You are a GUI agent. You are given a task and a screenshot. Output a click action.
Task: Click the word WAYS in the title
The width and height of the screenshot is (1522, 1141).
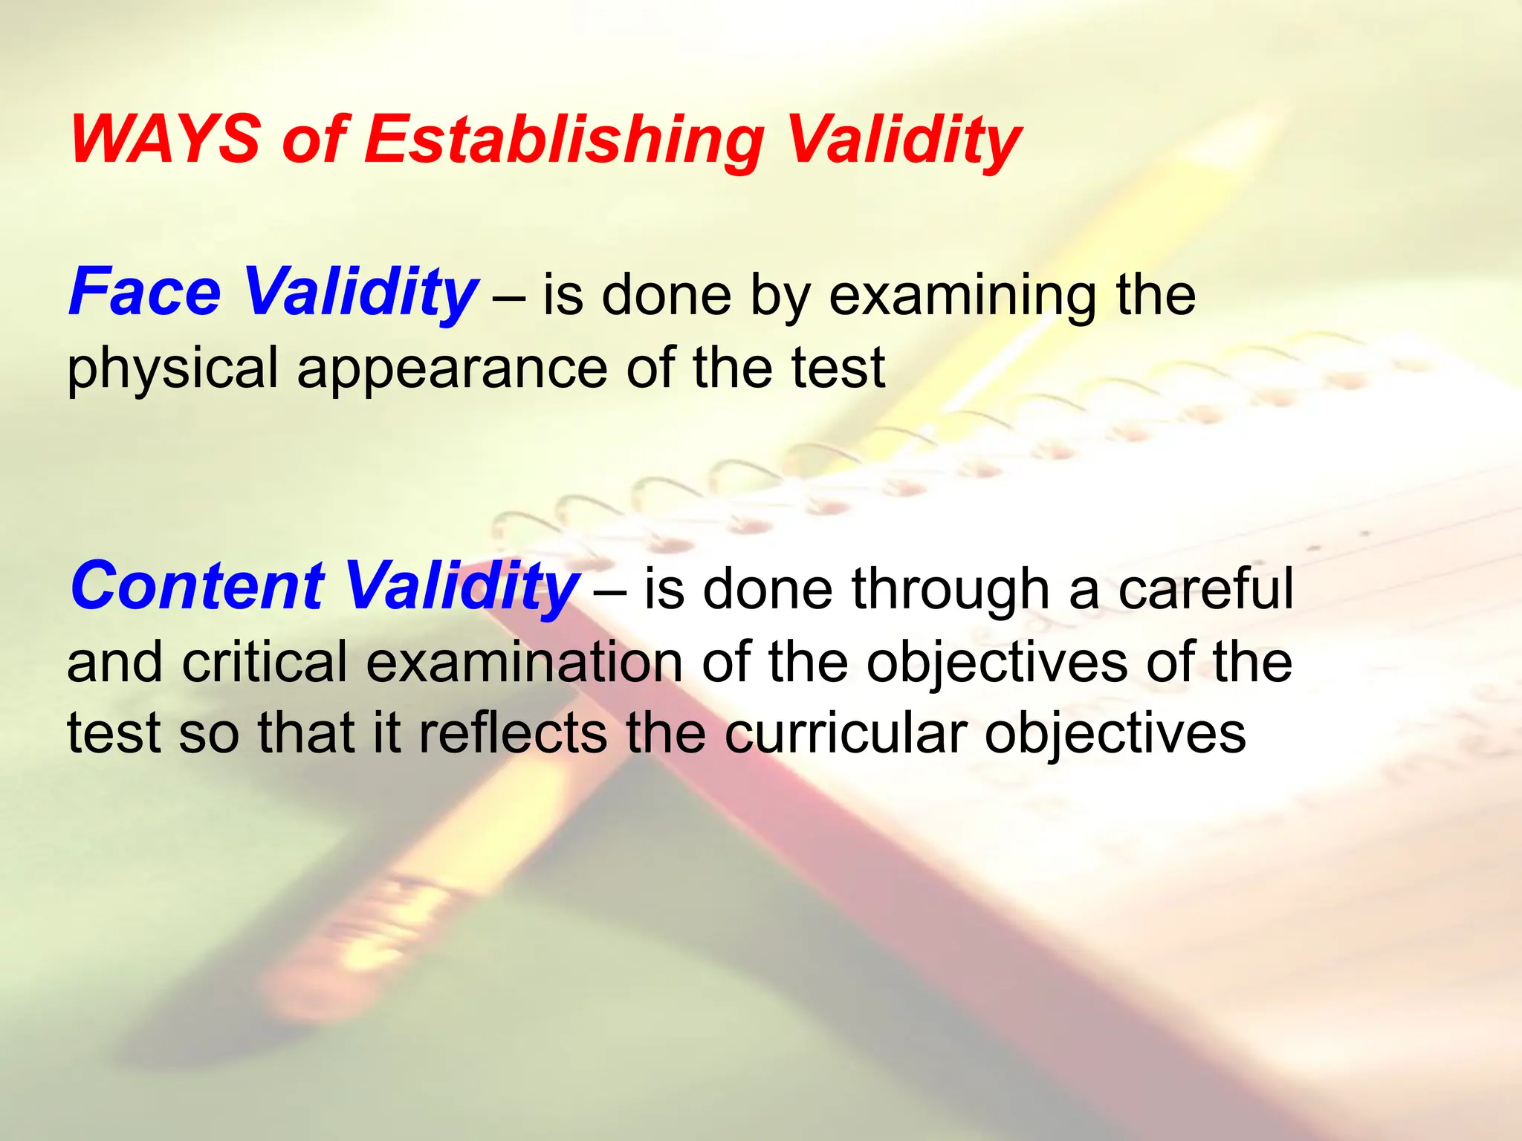tap(165, 140)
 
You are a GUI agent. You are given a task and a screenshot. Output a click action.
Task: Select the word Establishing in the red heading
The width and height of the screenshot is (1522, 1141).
tap(564, 141)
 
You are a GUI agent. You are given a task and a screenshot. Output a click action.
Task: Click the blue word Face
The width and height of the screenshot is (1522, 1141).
tap(145, 293)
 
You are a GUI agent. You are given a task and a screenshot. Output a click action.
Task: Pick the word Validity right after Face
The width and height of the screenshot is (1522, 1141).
tap(360, 294)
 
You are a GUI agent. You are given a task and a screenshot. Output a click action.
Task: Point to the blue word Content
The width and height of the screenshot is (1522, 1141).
tap(198, 586)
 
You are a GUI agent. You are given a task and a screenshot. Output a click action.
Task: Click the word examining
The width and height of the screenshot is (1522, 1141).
tap(962, 296)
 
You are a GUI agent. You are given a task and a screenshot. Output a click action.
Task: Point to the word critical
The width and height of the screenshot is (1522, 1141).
tap(265, 662)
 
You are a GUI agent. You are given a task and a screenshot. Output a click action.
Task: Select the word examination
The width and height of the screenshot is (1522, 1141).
tap(524, 662)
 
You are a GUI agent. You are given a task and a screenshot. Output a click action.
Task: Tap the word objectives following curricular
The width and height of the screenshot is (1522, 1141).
tap(1115, 735)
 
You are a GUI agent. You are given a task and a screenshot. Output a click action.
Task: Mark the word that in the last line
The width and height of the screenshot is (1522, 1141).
tap(306, 733)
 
